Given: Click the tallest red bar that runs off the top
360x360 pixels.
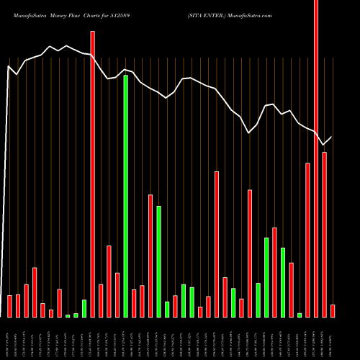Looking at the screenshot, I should [x=316, y=158].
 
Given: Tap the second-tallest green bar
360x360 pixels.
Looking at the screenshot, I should [x=158, y=261].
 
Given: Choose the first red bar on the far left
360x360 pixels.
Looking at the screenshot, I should [x=9, y=306].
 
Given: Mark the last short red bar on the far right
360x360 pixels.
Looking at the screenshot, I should [x=333, y=310].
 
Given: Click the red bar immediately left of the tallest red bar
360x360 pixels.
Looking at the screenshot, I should [x=307, y=240].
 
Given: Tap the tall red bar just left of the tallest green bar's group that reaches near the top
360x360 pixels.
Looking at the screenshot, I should [x=92, y=174].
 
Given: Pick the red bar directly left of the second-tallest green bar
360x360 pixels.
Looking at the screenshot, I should [x=150, y=256].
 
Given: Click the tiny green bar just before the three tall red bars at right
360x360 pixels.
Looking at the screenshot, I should [x=300, y=315].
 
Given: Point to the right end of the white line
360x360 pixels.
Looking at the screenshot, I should [x=332, y=137].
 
